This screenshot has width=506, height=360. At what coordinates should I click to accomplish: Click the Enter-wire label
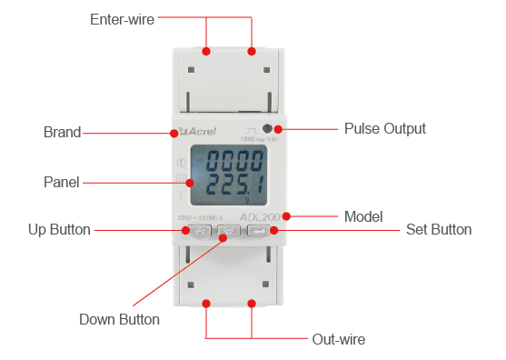tap(122, 18)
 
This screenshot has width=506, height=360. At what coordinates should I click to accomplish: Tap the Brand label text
tap(62, 132)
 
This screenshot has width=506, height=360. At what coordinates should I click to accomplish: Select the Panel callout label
tap(62, 182)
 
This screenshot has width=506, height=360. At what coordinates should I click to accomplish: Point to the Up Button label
tap(59, 230)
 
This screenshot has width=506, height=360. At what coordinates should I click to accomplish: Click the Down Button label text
tap(119, 319)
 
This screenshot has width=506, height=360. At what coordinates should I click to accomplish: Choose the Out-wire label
tap(338, 339)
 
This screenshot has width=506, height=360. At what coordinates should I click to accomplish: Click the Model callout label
tap(363, 217)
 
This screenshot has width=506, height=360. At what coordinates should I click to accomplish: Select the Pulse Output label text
tap(384, 129)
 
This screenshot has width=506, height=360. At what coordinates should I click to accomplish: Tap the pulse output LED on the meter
tap(267, 130)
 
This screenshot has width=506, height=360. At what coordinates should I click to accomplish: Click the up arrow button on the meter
tap(200, 231)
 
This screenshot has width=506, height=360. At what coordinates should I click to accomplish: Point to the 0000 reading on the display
tap(233, 165)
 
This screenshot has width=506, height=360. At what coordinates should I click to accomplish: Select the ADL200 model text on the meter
tap(262, 218)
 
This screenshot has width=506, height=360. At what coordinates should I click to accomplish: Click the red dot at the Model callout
tap(286, 216)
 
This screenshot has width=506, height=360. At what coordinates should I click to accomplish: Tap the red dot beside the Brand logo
tap(173, 133)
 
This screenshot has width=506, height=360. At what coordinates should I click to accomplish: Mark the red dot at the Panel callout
tap(189, 182)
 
